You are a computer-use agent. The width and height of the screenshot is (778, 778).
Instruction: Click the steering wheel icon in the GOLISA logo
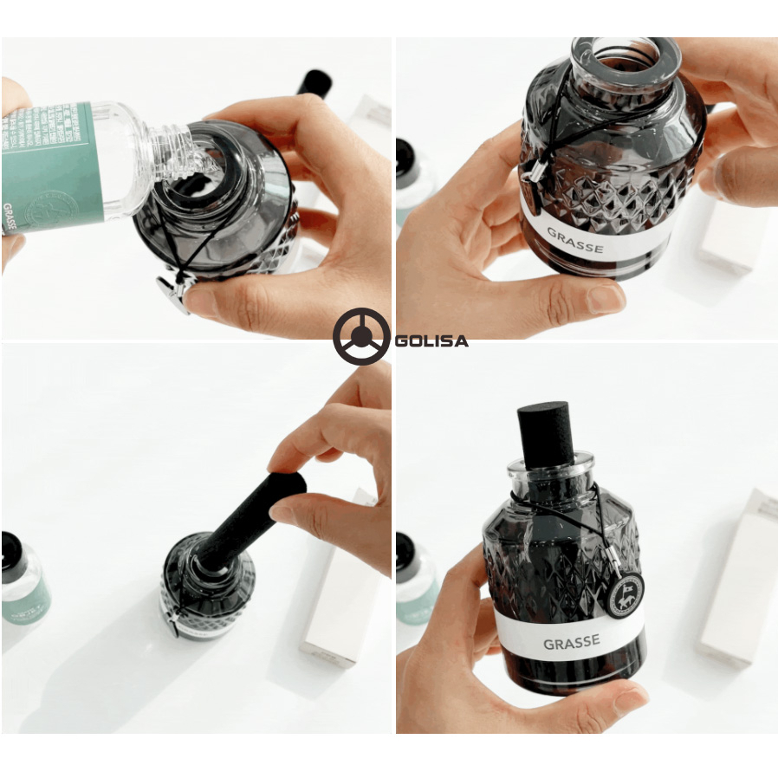360,336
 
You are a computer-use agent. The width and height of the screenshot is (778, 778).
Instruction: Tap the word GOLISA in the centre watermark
431,340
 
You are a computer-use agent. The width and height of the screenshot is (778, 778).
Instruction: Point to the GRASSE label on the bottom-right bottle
573,643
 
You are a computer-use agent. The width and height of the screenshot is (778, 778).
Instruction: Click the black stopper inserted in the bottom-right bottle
547,433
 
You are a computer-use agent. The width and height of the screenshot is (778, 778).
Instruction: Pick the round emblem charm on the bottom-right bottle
623,594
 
